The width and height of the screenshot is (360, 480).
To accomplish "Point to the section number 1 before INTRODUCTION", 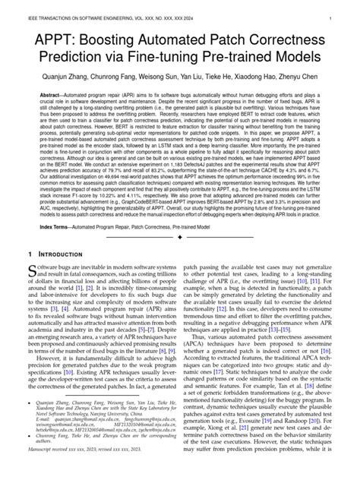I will (x=30, y=251).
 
